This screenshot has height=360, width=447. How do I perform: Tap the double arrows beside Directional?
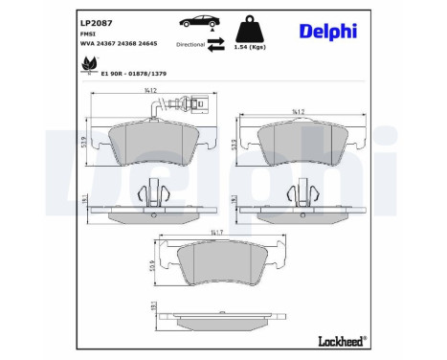[217, 43]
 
